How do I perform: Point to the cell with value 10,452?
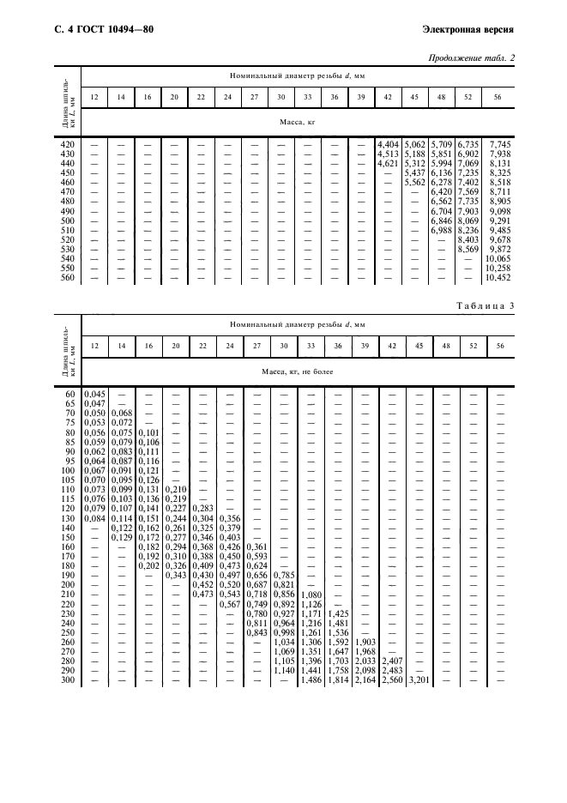pos(498,278)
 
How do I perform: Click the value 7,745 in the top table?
pos(498,144)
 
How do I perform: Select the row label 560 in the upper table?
pos(67,278)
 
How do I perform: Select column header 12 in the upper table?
pos(93,96)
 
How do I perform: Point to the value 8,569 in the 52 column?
pos(469,250)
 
